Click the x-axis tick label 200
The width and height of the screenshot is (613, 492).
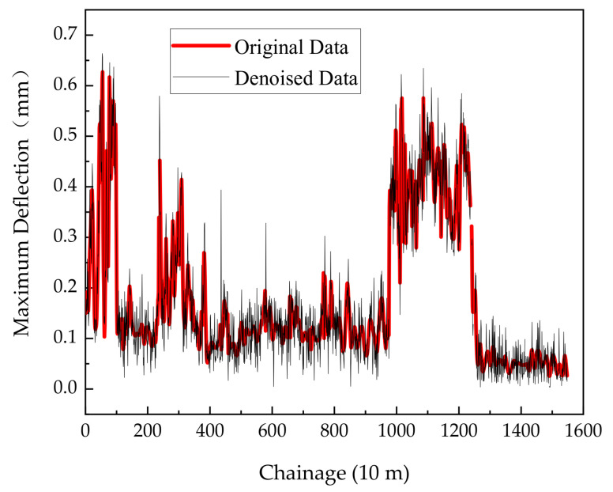(148, 431)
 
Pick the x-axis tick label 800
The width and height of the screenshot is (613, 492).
(334, 431)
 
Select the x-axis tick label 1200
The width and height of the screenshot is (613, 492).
(458, 431)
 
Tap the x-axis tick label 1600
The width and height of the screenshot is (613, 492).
(582, 431)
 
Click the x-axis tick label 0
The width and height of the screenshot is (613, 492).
(85, 431)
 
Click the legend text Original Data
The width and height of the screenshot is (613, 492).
(291, 47)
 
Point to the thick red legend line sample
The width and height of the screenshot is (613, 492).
(201, 47)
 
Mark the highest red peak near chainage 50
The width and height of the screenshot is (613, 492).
(102, 72)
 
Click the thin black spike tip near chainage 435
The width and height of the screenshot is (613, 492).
(220, 191)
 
